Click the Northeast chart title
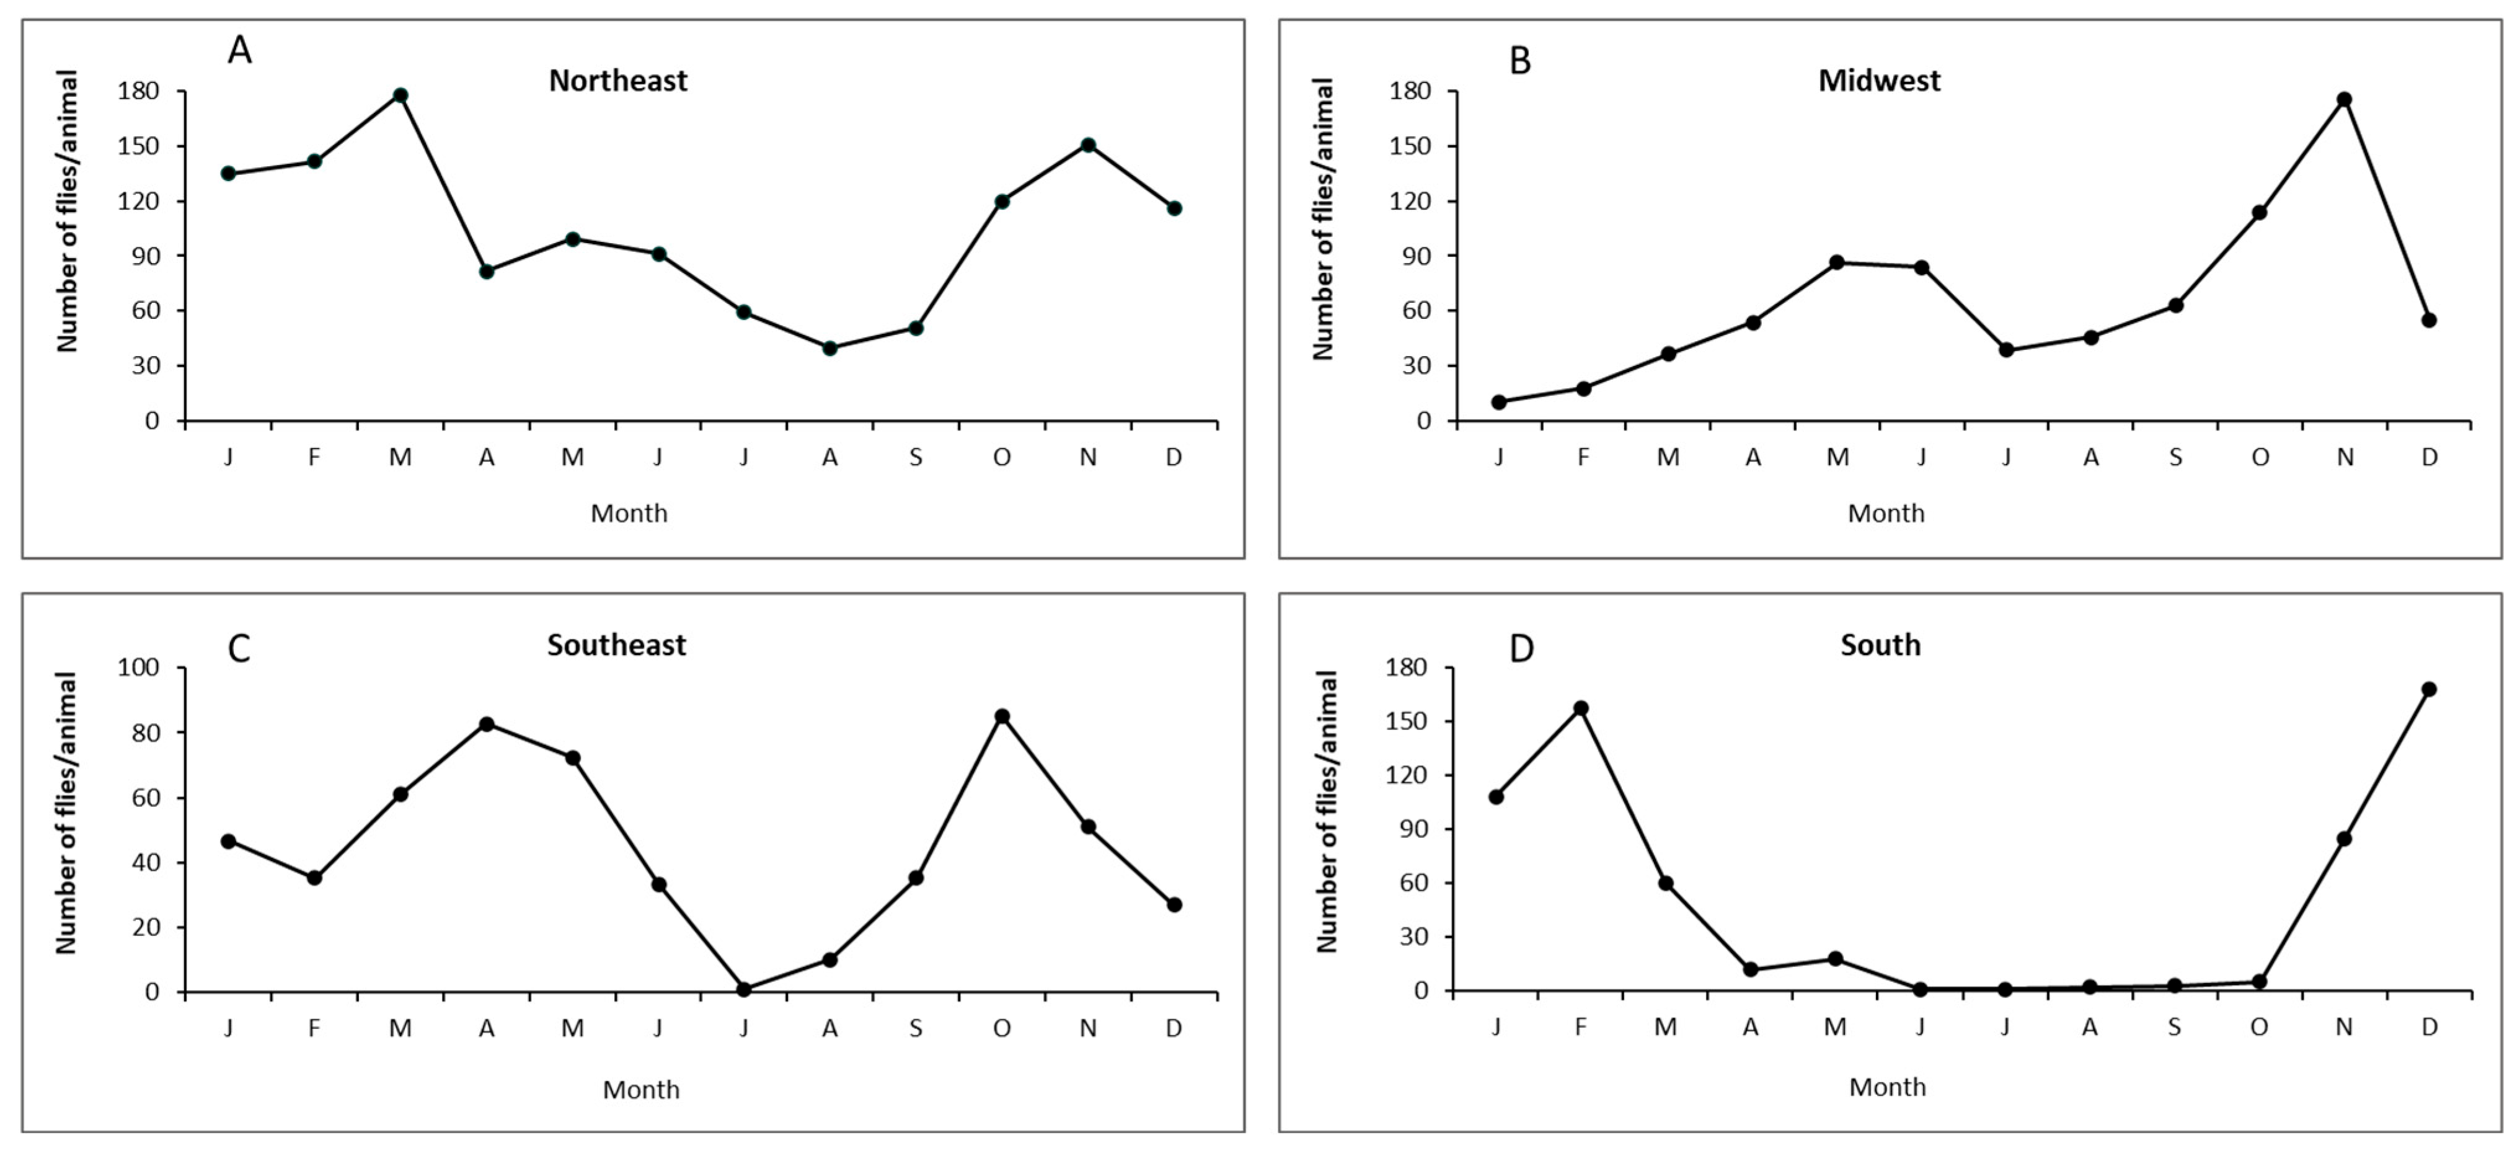coord(617,80)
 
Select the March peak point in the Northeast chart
coord(400,95)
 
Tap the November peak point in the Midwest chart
coord(2344,100)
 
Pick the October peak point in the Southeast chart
coord(1002,716)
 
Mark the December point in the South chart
coord(2428,689)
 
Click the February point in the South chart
coord(1581,708)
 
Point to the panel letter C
coord(239,648)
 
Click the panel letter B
coord(1519,61)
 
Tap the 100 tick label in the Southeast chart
coord(138,667)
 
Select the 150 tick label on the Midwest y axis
coord(1410,146)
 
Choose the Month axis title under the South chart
coord(1887,1086)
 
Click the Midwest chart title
coord(1879,80)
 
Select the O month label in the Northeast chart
coord(1002,457)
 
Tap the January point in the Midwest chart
coord(1499,403)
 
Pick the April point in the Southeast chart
coord(486,724)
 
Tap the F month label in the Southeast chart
coord(314,1028)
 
